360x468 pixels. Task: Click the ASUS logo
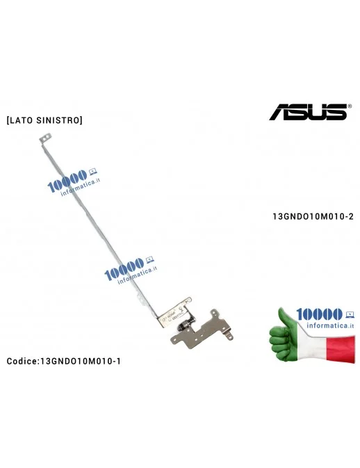(x=308, y=111)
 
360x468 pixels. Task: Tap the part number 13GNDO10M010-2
(x=313, y=216)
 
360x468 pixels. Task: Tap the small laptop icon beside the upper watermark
(x=93, y=169)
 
